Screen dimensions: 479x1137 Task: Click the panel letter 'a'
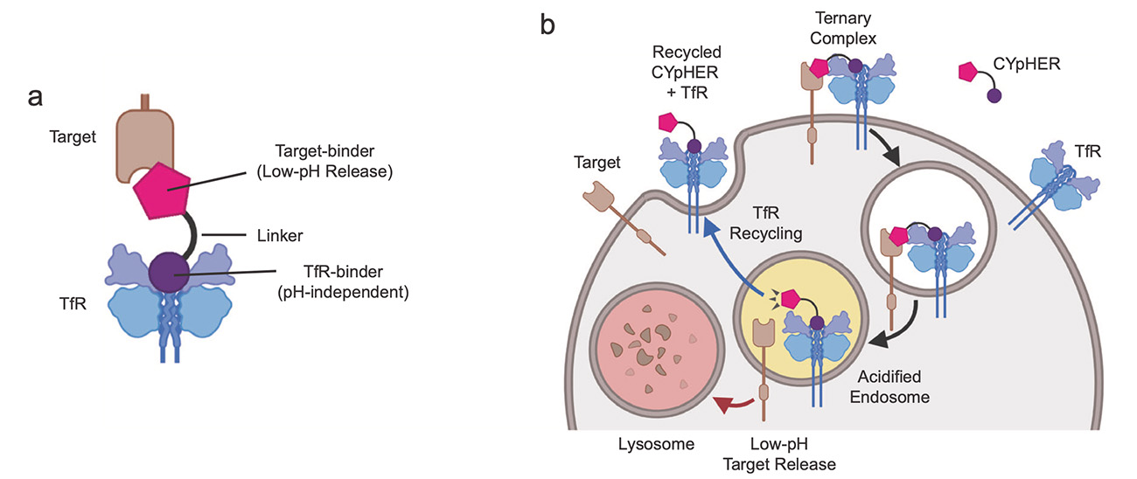pos(36,98)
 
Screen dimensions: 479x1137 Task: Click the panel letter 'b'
pos(548,26)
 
